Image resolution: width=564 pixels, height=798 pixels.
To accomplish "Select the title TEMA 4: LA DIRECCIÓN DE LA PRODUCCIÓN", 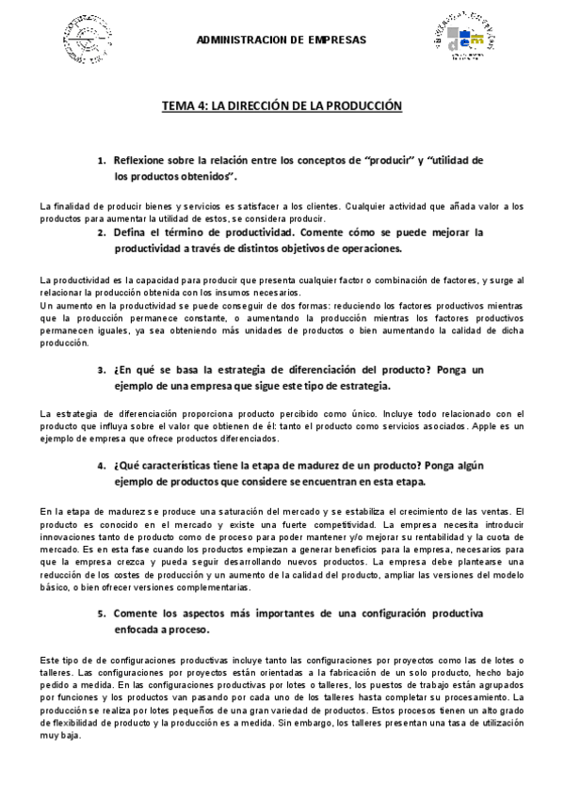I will (282, 105).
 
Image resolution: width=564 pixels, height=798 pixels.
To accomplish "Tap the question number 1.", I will (101, 160).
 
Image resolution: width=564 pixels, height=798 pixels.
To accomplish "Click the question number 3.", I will (101, 370).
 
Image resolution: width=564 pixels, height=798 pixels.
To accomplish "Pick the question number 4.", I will (101, 466).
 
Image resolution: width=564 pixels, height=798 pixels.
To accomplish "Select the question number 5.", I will (101, 613).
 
